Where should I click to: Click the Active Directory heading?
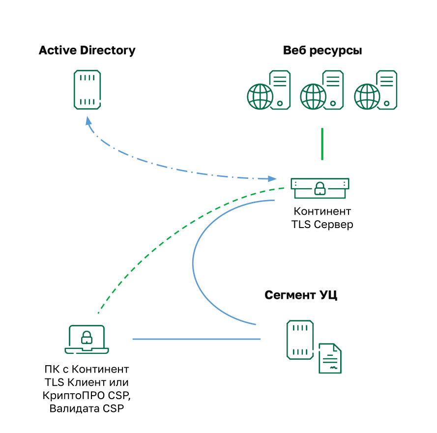coord(87,50)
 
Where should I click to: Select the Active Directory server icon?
coord(87,89)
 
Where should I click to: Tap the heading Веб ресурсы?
coord(322,50)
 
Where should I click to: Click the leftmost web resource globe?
coord(260,96)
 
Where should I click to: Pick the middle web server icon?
coord(322,89)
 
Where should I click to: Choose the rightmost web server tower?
coord(386,88)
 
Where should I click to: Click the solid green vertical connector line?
coord(322,144)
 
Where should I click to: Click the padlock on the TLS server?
coord(320,189)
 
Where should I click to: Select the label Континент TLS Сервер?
coord(322,218)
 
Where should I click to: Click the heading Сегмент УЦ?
coord(301,295)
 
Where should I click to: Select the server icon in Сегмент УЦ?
coord(300,339)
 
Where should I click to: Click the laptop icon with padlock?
coord(87,339)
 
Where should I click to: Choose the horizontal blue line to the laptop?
coord(197,339)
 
